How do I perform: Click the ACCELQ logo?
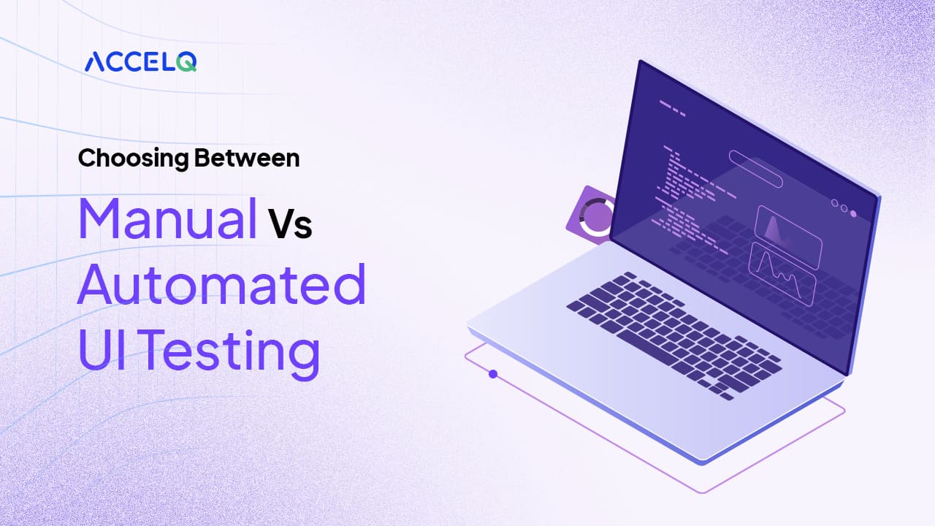140,61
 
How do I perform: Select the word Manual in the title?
167,218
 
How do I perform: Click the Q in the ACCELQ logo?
187,62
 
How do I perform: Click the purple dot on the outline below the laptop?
493,374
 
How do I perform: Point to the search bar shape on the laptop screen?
755,169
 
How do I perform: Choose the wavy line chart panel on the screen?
782,272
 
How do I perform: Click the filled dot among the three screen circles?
852,213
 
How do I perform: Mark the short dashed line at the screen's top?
672,110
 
